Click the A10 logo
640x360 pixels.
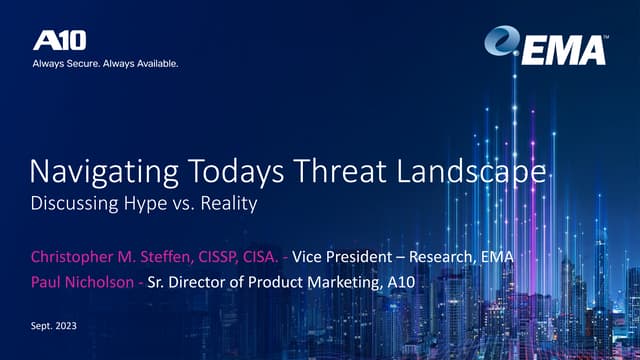click(60, 40)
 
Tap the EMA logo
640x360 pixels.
click(547, 46)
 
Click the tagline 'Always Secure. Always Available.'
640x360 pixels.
click(106, 64)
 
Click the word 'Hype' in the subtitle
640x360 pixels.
click(148, 204)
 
